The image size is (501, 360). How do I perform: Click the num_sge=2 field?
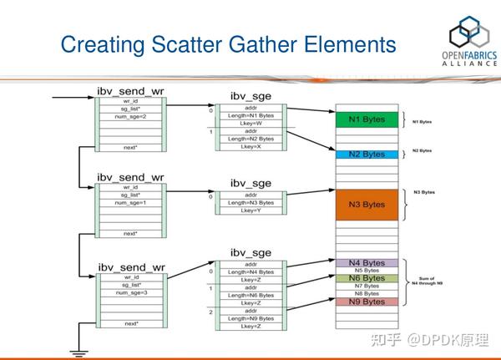tap(130, 116)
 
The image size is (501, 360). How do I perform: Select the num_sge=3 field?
tap(130, 292)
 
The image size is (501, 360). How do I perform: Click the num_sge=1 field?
tap(130, 204)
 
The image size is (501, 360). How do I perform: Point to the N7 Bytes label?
tap(362, 286)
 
